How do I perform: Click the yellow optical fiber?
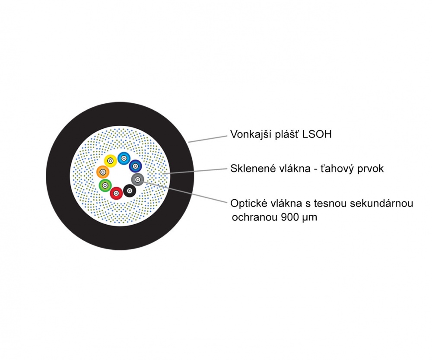(111, 161)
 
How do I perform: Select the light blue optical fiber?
(124, 158)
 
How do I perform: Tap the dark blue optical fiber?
(135, 166)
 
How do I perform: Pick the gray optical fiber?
(138, 180)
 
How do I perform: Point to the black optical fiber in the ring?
(130, 191)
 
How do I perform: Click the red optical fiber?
(116, 193)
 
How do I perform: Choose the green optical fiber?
(105, 185)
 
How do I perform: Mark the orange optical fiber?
(103, 172)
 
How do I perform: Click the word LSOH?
(317, 134)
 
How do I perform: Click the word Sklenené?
(253, 169)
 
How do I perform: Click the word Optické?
(249, 204)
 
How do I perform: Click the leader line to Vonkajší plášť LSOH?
(207, 139)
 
